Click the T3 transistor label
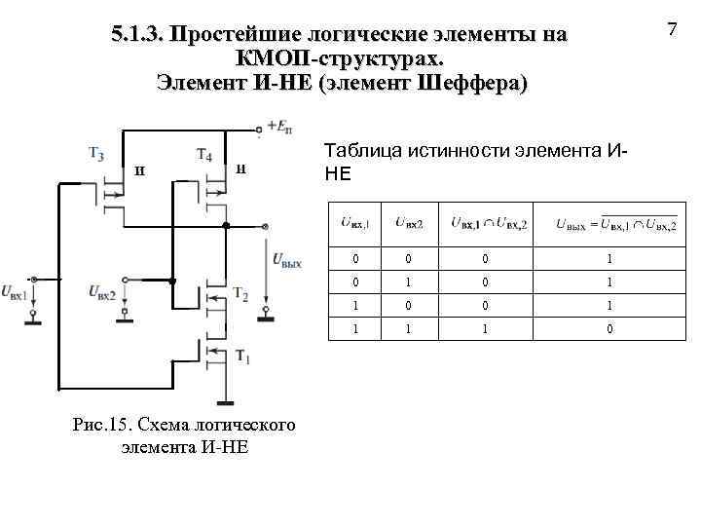[96, 153]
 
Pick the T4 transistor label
[204, 153]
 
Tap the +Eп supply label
[275, 125]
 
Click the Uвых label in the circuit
[287, 261]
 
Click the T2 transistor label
[241, 294]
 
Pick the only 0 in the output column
[610, 330]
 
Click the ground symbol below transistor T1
[228, 400]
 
